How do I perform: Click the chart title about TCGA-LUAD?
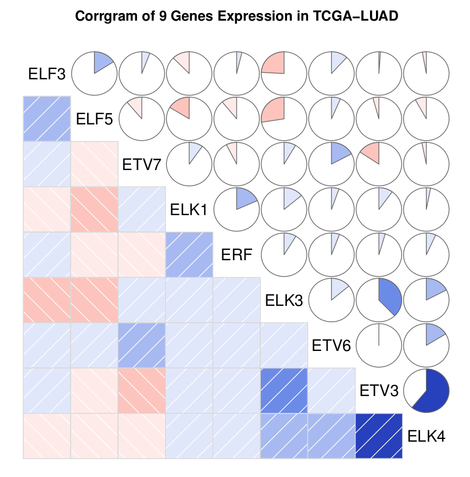coord(237,16)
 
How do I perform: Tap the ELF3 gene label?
coord(47,74)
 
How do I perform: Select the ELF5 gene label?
coord(95,118)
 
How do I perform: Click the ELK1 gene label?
coord(189,209)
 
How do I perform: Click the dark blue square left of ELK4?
coord(379,435)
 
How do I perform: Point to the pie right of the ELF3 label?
coord(94,73)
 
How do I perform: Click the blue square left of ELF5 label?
coord(47,118)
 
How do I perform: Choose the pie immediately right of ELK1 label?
coord(236,209)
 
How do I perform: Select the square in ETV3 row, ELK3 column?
coord(284,390)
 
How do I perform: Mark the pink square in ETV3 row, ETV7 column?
coord(141,390)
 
